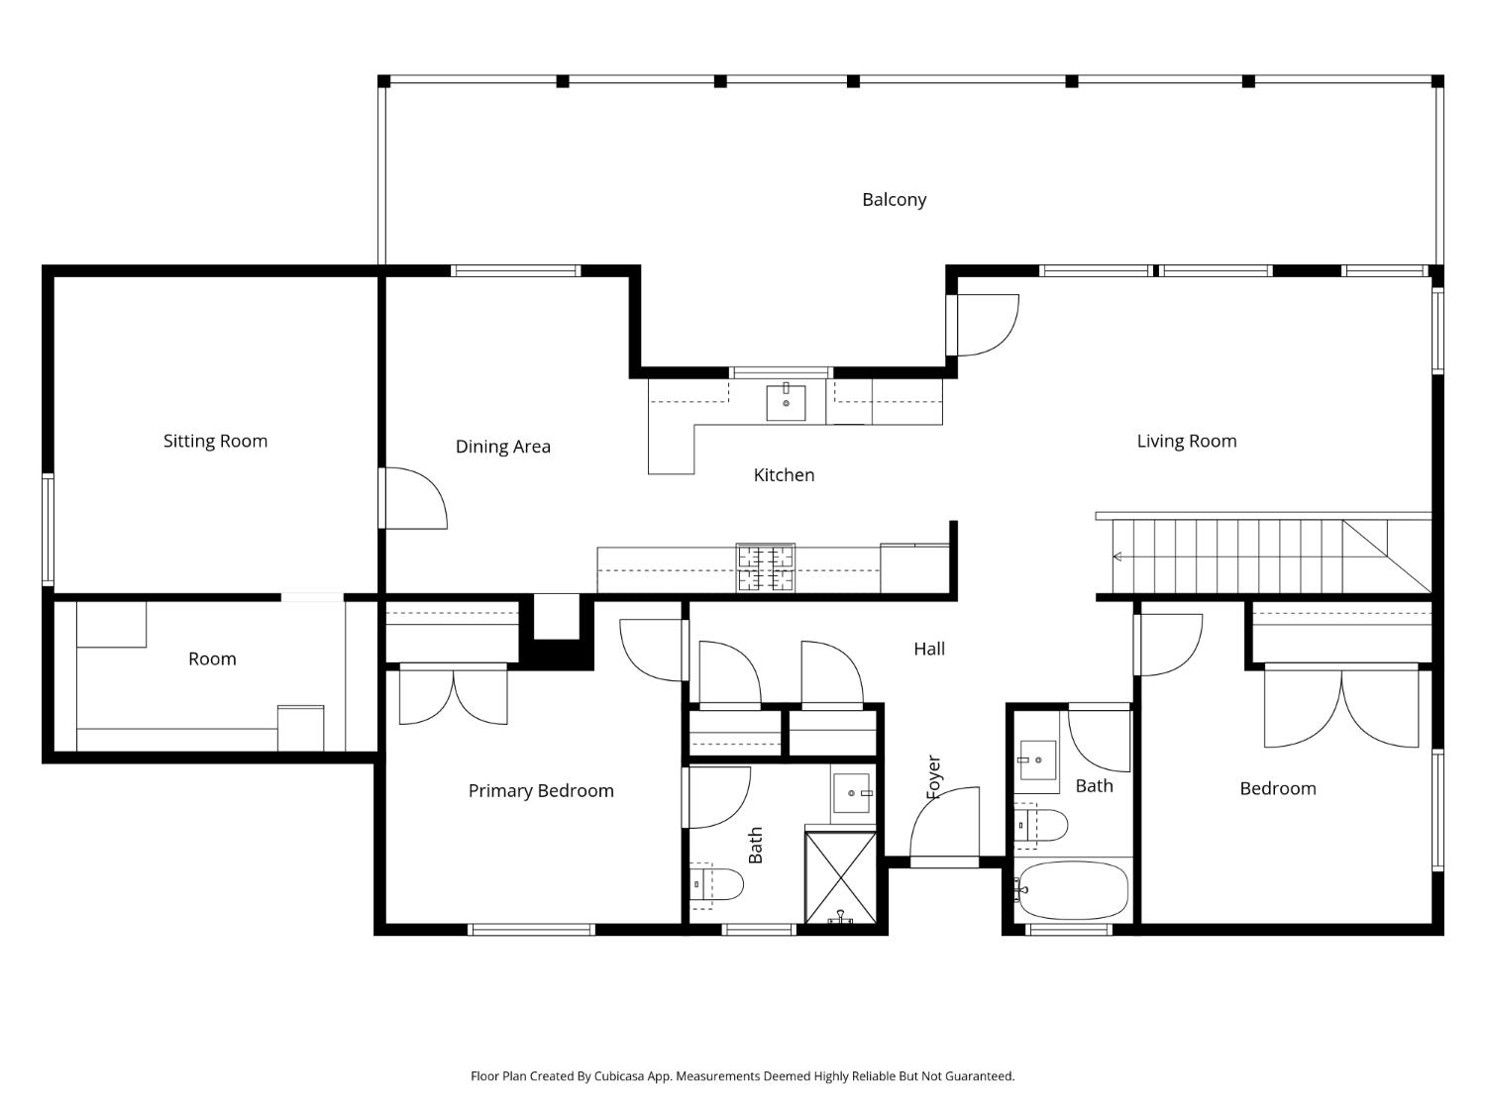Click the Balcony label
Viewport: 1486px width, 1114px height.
pyautogui.click(x=894, y=200)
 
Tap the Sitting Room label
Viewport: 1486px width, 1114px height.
pyautogui.click(x=215, y=441)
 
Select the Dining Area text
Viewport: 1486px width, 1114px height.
pyautogui.click(x=503, y=447)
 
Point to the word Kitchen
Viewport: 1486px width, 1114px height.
pyautogui.click(x=784, y=475)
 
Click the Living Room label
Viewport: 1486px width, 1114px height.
pyautogui.click(x=1187, y=441)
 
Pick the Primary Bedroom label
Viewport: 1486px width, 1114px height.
pyautogui.click(x=541, y=790)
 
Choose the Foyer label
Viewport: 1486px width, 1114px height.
pyautogui.click(x=933, y=777)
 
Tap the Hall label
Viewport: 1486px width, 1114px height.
pyautogui.click(x=929, y=649)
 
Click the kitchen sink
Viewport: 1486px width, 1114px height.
pyautogui.click(x=786, y=402)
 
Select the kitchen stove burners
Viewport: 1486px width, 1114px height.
pyautogui.click(x=766, y=567)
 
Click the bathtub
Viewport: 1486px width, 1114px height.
pyautogui.click(x=1072, y=890)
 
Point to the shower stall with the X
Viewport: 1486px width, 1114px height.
pyautogui.click(x=840, y=877)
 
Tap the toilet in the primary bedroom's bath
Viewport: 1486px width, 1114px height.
pyautogui.click(x=716, y=884)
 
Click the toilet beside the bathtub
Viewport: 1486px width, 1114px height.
pyautogui.click(x=1040, y=825)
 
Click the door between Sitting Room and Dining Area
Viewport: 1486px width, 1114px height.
pyautogui.click(x=412, y=498)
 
